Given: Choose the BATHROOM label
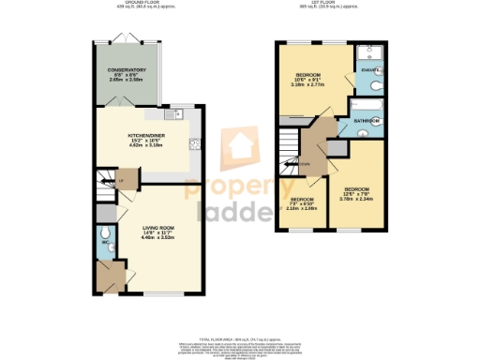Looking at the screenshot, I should click(x=366, y=122).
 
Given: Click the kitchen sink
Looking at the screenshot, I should click(x=193, y=143).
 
